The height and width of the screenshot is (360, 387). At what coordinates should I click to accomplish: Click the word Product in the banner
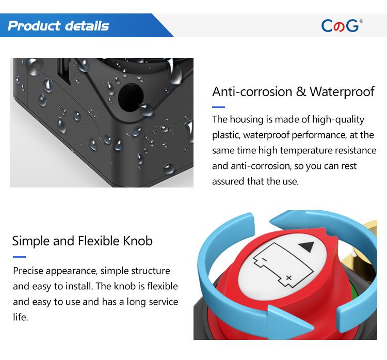pyautogui.click(x=34, y=26)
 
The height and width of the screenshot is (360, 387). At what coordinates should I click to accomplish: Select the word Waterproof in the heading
pyautogui.click(x=342, y=92)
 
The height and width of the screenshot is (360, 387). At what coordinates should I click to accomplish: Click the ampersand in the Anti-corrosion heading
pyautogui.click(x=301, y=91)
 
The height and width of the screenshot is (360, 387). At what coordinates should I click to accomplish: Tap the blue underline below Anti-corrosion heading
pyautogui.click(x=218, y=107)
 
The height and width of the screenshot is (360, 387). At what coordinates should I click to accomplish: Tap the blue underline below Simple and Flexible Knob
pyautogui.click(x=19, y=257)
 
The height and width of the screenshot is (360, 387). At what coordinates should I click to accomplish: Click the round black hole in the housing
pyautogui.click(x=131, y=98)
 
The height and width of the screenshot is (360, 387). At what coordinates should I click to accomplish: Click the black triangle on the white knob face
pyautogui.click(x=307, y=247)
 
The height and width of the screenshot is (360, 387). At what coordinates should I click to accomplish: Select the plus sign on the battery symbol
pyautogui.click(x=288, y=278)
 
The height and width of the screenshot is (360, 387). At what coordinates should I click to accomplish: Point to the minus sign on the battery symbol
pyautogui.click(x=264, y=259)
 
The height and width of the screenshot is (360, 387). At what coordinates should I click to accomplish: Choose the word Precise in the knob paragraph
pyautogui.click(x=28, y=271)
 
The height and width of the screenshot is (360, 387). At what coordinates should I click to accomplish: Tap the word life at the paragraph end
pyautogui.click(x=20, y=317)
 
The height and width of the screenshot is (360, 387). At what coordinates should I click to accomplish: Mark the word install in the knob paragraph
pyautogui.click(x=79, y=286)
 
